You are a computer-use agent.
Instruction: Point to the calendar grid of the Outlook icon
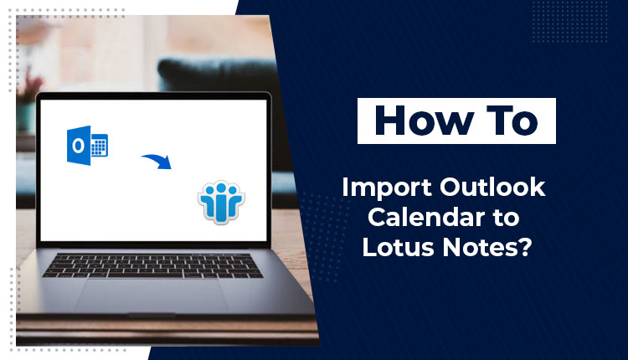point(100,147)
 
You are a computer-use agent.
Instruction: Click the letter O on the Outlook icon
point(78,147)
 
